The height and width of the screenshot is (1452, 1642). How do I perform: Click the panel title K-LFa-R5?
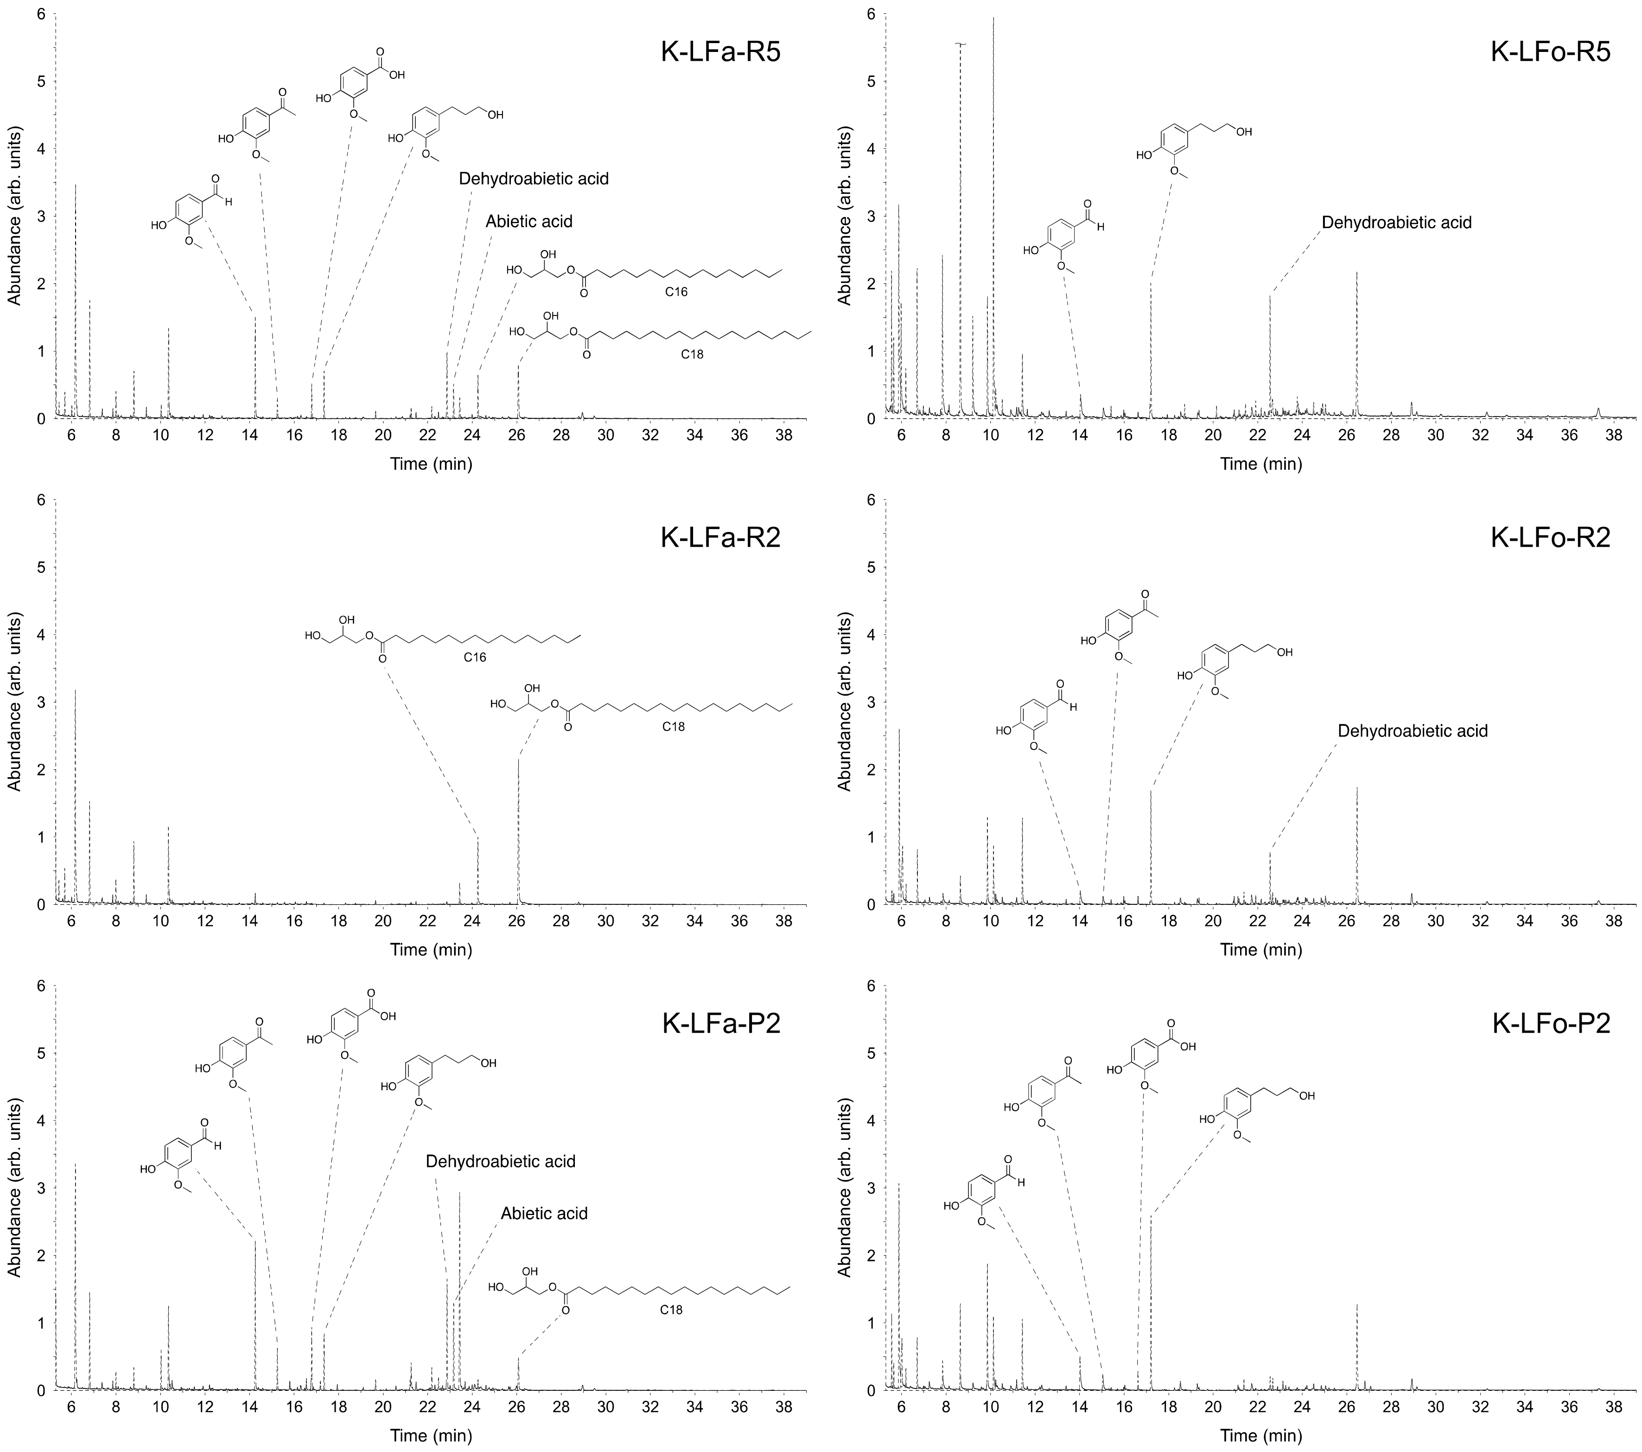coord(720,52)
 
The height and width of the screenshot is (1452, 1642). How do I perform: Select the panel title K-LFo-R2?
coord(1550,537)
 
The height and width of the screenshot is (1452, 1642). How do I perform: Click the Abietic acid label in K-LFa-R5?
coord(528,222)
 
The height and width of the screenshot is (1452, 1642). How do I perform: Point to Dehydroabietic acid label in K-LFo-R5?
coord(1396,223)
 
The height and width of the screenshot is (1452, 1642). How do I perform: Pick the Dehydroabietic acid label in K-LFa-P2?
coord(501,1161)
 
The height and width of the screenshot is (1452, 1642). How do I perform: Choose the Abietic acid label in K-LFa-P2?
coord(544,1213)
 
